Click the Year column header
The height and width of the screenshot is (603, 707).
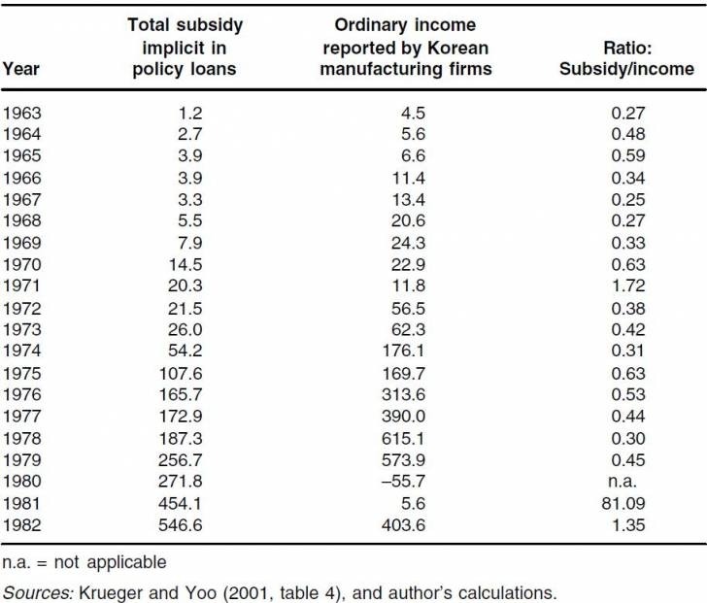tap(21, 69)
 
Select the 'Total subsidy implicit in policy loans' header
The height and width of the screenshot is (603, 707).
tap(185, 47)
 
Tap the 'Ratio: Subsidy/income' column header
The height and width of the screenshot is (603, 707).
tap(626, 58)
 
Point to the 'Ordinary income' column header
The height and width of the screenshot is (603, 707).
tap(405, 47)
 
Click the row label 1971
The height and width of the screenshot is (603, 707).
tap(22, 285)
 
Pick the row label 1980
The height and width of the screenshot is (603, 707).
tap(22, 482)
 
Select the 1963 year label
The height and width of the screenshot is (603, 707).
tap(22, 113)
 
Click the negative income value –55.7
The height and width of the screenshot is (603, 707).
tap(403, 482)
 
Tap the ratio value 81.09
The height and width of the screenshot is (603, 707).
tap(623, 503)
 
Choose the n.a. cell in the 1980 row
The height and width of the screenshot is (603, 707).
tap(623, 482)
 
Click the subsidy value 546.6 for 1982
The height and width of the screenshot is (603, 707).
tap(181, 525)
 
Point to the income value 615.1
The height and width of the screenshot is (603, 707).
tap(403, 438)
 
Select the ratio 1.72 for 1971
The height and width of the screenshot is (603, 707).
tap(628, 285)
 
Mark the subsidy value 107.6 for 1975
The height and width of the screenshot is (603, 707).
tap(181, 374)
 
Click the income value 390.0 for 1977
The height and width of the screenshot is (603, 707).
tap(403, 416)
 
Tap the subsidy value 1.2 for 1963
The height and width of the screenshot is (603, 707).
tap(189, 113)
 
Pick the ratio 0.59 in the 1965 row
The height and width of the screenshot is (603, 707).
tap(628, 155)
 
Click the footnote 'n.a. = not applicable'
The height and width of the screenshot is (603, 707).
tap(84, 562)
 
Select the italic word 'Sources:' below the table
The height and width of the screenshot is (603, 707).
tap(38, 592)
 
